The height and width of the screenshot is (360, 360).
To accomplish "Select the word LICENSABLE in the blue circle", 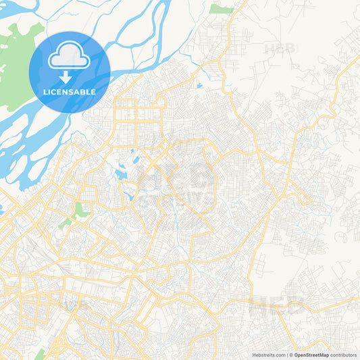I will (x=70, y=92).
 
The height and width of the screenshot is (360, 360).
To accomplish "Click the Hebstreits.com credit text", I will (x=267, y=355).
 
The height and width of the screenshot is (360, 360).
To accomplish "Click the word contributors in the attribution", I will (x=343, y=355).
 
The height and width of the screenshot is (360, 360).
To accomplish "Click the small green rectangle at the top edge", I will (x=221, y=9).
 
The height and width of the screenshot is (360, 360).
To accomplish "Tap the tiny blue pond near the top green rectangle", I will (x=199, y=86).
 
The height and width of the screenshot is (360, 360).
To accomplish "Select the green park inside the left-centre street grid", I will (x=82, y=209).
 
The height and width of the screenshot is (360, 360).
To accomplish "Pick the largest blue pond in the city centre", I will (x=122, y=174).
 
